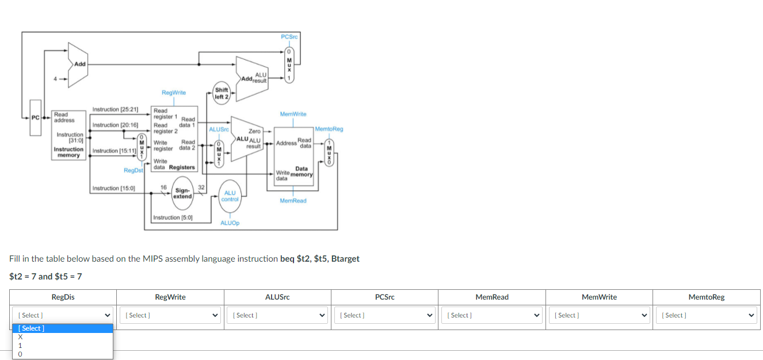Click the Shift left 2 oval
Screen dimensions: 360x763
[222, 93]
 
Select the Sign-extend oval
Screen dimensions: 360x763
[183, 193]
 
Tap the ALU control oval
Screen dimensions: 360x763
[230, 196]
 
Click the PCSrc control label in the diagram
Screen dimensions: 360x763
[289, 37]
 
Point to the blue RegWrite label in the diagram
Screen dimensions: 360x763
[174, 93]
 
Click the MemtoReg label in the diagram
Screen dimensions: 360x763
[329, 129]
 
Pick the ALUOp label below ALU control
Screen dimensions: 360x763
[230, 223]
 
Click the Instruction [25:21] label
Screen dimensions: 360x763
[115, 109]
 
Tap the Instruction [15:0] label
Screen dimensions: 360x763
[113, 188]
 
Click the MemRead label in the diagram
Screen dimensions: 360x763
[293, 201]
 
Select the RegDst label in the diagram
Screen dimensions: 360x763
[133, 170]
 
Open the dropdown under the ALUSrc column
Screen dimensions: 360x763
[277, 315]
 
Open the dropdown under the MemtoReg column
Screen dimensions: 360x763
[707, 315]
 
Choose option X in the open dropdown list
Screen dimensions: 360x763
[21, 337]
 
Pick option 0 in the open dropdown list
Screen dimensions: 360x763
[20, 354]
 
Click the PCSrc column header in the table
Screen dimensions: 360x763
[384, 297]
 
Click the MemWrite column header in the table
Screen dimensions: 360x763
[599, 297]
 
